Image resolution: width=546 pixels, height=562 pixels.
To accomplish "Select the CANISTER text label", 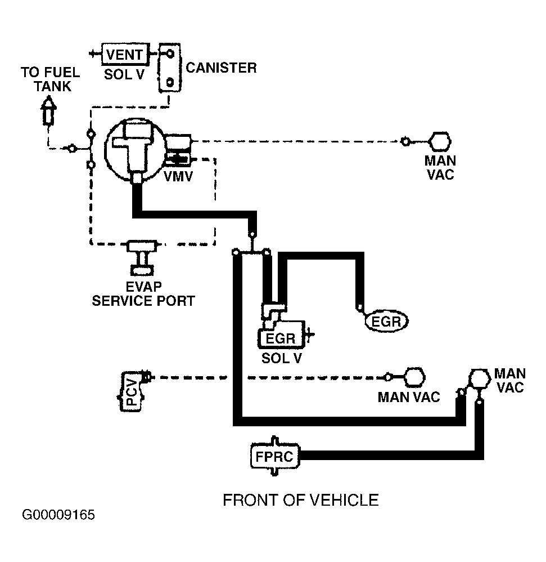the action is [x=221, y=68].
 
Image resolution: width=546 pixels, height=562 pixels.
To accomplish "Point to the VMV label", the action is [x=178, y=176].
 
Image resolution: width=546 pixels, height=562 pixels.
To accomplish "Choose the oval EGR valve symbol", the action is [x=386, y=321].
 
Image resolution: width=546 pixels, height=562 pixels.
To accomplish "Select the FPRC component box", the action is [x=275, y=456].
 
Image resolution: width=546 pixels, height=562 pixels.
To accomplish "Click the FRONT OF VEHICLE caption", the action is [x=300, y=500].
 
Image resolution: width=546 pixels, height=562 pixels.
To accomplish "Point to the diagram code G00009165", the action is [x=58, y=515].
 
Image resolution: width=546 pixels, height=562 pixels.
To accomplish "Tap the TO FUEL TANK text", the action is [x=51, y=79].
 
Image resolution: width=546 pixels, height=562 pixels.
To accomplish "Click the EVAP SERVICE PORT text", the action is [x=143, y=293].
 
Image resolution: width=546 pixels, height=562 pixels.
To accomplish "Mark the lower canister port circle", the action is [x=170, y=82].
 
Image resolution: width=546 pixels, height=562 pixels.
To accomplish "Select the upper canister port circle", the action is [x=170, y=53].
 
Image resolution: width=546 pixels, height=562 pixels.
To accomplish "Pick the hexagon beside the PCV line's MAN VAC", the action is [x=414, y=377].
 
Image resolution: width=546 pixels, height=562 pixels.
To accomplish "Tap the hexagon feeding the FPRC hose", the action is [x=479, y=379].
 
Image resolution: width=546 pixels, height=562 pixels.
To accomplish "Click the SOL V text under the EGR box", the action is [x=282, y=358].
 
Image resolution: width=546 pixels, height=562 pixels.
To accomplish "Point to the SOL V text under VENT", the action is [x=124, y=74].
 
